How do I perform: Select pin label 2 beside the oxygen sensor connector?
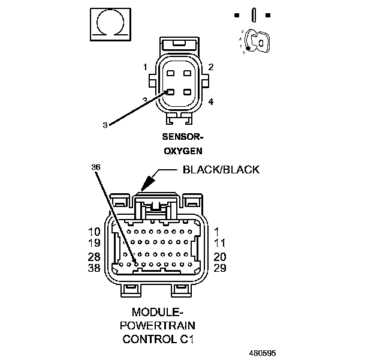[211, 67]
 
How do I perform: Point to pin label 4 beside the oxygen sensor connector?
[211, 102]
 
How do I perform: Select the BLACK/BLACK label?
[221, 170]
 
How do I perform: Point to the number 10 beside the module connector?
[95, 230]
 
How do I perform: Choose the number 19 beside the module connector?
[95, 243]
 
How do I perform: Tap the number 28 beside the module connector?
[95, 256]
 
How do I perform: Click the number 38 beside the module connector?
[95, 268]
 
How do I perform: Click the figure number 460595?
[263, 353]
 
